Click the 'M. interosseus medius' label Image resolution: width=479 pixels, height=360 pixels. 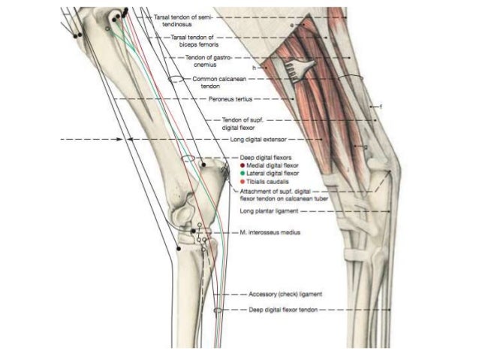pos(270,233)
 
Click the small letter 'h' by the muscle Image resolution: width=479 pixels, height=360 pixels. pos(255,68)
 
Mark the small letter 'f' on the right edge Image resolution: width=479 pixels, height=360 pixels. pos(381,107)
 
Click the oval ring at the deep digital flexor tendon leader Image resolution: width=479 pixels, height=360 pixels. pos(218,309)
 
